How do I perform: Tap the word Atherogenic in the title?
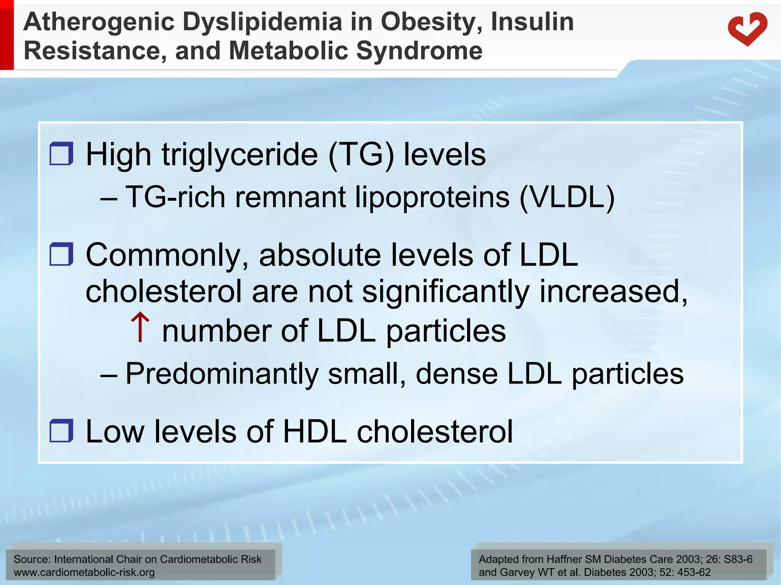pos(99,22)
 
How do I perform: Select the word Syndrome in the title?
pos(419,51)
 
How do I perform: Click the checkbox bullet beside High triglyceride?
pos(61,153)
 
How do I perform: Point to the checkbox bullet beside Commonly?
pos(61,254)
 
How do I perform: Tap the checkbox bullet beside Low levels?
pos(61,431)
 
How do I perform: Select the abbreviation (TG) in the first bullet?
pos(361,155)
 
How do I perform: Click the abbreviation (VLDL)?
pos(567,197)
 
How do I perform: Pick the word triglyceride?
pos(240,155)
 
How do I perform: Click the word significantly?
pos(445,292)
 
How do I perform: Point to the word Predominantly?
pos(222,374)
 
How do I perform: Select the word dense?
pos(456,374)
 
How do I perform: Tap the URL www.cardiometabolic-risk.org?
pos(84,572)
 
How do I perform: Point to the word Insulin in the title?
pos(532,22)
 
